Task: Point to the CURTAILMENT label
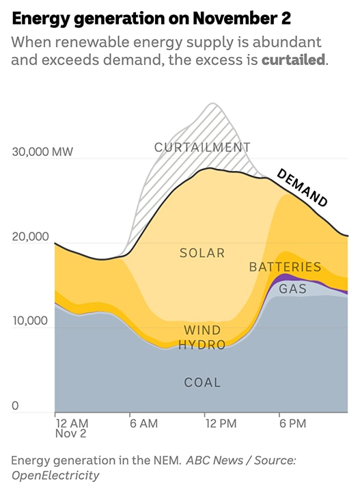[x=202, y=147]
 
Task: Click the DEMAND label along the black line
[x=302, y=187]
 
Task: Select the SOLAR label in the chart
[x=202, y=253]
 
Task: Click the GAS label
[x=292, y=289]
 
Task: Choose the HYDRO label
[x=202, y=345]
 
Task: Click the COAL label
[x=202, y=383]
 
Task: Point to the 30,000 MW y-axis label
[x=43, y=151]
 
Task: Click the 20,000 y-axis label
[x=31, y=236]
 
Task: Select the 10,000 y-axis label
[x=31, y=321]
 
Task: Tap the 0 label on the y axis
[x=15, y=406]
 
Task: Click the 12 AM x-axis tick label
[x=72, y=424]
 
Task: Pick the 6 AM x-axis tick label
[x=143, y=424]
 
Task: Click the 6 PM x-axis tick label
[x=292, y=424]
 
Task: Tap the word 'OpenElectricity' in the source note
[x=55, y=475]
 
